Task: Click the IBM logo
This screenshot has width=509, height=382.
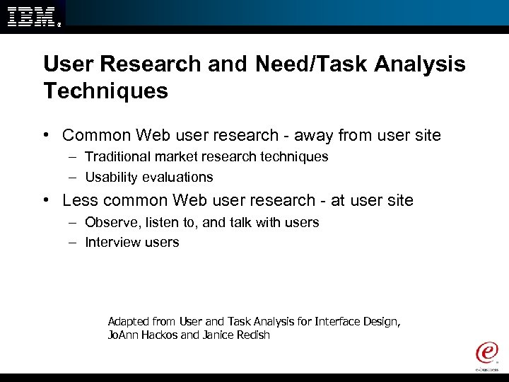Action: coord(32,16)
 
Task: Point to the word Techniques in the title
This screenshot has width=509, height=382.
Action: coord(105,91)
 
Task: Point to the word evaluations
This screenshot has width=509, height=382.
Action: coord(177,177)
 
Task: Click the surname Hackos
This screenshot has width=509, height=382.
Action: coord(159,335)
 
